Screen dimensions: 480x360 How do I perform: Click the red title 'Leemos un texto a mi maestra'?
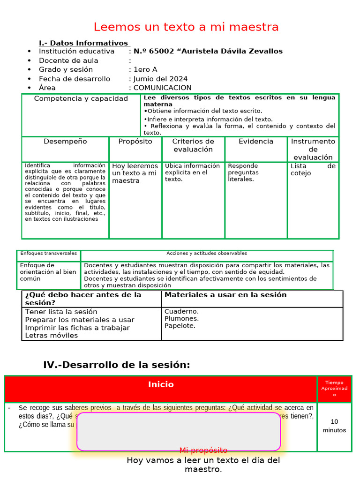pos(186,27)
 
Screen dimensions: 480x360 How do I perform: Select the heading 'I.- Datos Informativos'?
pos(84,43)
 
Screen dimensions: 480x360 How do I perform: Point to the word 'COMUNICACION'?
pos(163,88)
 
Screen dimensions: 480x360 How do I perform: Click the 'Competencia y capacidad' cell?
pos(81,99)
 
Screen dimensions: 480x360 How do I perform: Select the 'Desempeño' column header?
pos(65,142)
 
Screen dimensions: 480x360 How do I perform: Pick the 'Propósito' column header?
pos(135,142)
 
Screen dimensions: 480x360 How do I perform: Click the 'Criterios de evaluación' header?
pos(193,145)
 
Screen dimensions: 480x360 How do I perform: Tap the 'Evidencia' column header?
pos(256,142)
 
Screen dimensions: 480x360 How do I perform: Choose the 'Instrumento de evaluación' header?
pos(313,149)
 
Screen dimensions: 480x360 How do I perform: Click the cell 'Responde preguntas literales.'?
pos(243,172)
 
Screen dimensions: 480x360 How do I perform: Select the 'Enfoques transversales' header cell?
pos(48,253)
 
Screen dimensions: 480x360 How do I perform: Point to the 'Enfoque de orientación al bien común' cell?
pos(48,272)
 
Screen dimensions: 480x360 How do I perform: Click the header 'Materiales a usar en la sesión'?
pos(225,295)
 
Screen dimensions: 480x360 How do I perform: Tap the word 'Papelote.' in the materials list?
pos(180,326)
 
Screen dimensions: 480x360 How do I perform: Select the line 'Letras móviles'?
pos(52,336)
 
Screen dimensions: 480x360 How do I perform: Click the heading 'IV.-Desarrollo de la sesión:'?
pos(117,365)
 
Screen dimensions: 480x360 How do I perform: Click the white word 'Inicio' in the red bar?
pos(161,384)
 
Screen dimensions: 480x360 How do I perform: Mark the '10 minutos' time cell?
pos(334,426)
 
